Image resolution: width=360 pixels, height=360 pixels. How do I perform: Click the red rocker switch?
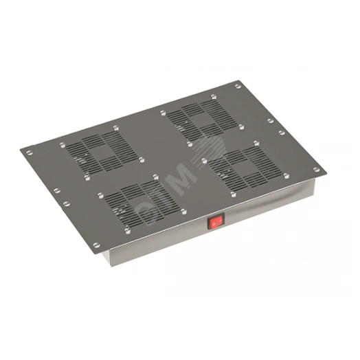point(216,221)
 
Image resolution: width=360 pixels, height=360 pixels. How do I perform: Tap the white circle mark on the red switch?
point(213,223)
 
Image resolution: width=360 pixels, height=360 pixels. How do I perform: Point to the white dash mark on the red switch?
point(219,220)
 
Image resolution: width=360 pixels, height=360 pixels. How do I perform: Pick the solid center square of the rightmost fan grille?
point(243,166)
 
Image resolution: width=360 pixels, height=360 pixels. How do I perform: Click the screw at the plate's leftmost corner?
point(29,153)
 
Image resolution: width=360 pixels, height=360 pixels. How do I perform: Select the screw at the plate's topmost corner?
point(238,86)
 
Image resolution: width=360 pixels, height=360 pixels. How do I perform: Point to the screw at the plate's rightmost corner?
point(316,170)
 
